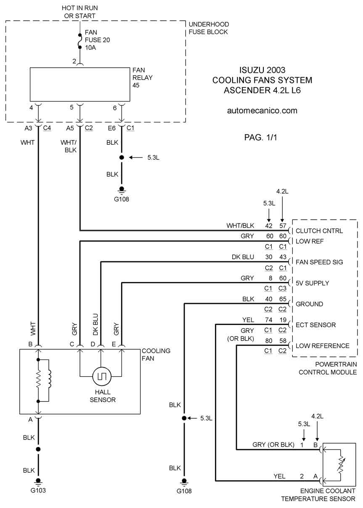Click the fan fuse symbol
coord(80,41)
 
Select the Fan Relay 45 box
coord(80,84)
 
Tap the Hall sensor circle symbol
coord(102,376)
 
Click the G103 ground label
coord(38,490)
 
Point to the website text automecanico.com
coord(262,111)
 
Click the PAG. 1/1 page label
coord(261,137)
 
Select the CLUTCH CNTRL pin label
coord(319,231)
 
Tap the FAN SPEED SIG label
coord(319,262)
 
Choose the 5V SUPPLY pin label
coord(312,283)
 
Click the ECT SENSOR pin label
coord(315,325)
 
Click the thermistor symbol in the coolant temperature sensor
coord(341,465)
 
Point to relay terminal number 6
coord(115,108)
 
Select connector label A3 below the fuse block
coord(28,128)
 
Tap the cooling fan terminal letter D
coord(93,344)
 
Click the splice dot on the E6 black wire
coord(122,157)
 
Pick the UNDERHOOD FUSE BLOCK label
coord(209,28)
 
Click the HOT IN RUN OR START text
coord(80,12)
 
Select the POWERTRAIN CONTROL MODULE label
coord(328,368)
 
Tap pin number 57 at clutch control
coord(283,226)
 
